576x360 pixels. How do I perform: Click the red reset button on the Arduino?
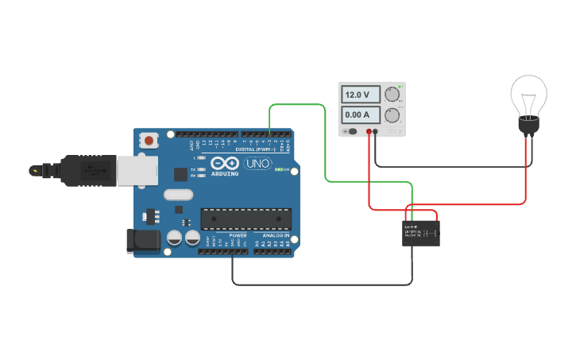coord(149,141)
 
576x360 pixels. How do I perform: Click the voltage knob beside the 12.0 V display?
coord(392,95)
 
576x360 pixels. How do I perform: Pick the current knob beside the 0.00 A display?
coord(392,115)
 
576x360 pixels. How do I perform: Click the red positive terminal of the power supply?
coord(369,130)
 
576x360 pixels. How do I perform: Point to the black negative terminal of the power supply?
coord(377,130)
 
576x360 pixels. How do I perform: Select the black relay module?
coord(421,232)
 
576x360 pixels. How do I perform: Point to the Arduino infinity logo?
coord(225,162)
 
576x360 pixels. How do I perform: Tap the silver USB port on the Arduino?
coord(136,172)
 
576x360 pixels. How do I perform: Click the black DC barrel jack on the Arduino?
coord(141,241)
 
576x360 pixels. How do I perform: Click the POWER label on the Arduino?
coord(238,236)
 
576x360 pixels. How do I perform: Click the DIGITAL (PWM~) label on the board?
coord(256,149)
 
